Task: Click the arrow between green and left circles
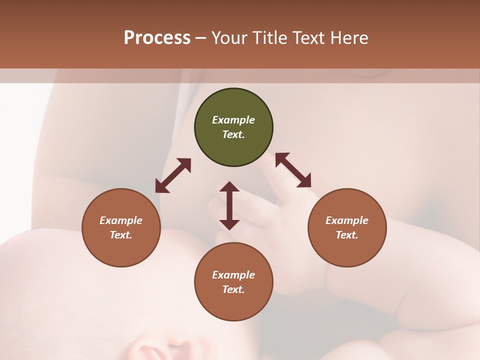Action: (x=173, y=175)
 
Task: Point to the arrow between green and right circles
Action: (x=293, y=170)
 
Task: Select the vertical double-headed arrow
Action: (x=229, y=205)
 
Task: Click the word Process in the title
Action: (x=157, y=38)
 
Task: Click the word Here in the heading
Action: (x=349, y=38)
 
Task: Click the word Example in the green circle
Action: (x=233, y=120)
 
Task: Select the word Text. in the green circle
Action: (x=233, y=134)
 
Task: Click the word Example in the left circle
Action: (x=121, y=220)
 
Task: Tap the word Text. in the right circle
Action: (x=347, y=235)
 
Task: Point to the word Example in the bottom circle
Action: (x=233, y=275)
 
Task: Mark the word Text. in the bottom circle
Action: (x=233, y=289)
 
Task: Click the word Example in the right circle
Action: (x=347, y=220)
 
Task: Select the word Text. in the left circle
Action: (x=121, y=235)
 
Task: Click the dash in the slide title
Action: (x=201, y=38)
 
